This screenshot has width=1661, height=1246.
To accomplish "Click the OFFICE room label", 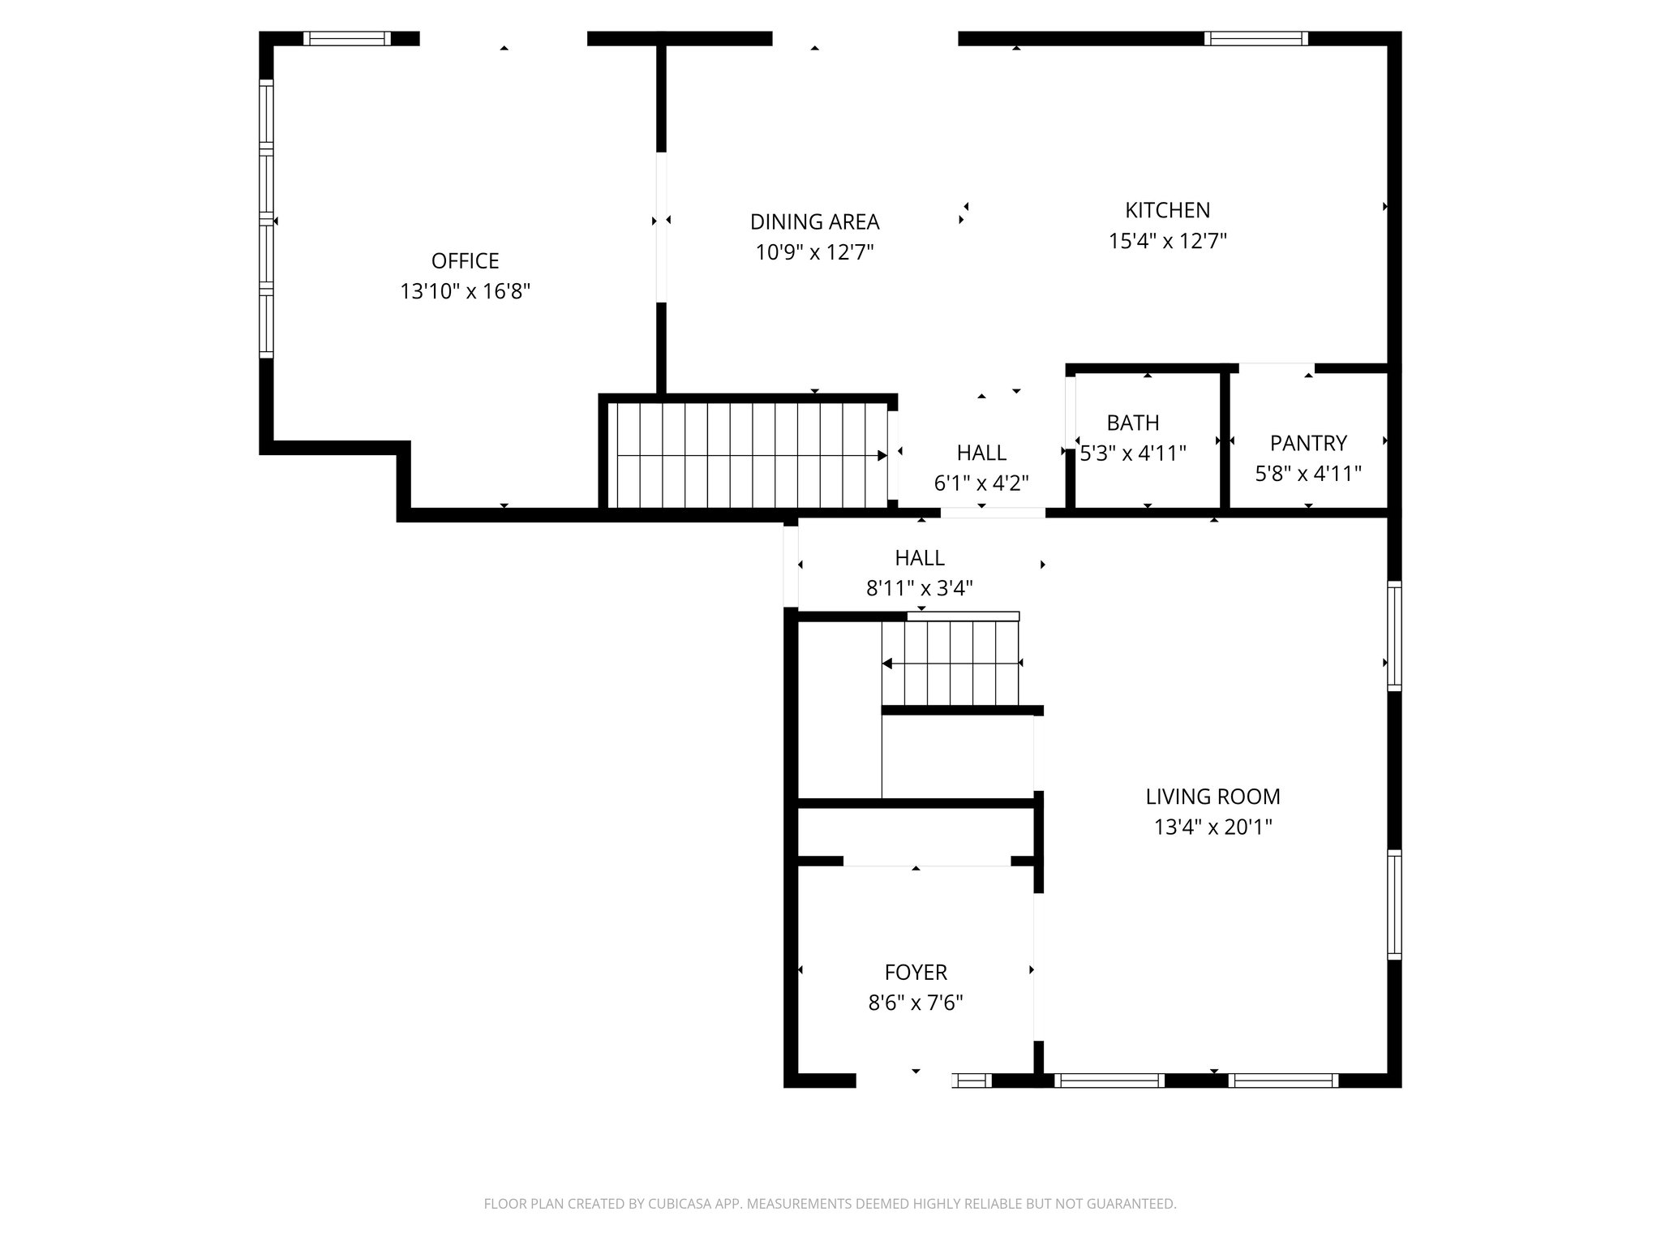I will tap(465, 260).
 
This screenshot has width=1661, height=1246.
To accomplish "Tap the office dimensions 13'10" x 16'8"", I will tap(465, 291).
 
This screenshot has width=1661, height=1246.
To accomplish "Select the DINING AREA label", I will tap(814, 221).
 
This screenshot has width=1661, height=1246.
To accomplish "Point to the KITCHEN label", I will tap(1167, 210).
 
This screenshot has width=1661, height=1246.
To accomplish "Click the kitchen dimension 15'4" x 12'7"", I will tap(1167, 241).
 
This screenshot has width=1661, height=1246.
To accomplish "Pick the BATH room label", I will tap(1132, 423).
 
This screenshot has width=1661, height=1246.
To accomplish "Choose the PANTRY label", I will tap(1307, 443).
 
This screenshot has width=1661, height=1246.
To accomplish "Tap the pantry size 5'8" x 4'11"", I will tap(1307, 474).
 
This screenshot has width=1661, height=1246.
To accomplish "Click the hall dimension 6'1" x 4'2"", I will tap(981, 483).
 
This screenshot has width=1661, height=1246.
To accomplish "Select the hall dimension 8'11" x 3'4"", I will tap(919, 588).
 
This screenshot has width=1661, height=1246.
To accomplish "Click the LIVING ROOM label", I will tap(1212, 797).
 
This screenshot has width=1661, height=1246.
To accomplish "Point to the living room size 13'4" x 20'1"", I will tap(1212, 827).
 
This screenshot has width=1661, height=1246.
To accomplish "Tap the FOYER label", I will tap(916, 972).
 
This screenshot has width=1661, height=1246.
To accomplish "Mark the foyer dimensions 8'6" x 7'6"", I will tap(916, 1003).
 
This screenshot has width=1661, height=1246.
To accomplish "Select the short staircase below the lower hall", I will tap(951, 664).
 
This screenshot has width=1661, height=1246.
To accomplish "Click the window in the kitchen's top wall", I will tap(1255, 38).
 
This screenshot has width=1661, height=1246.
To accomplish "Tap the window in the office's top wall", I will tap(347, 38).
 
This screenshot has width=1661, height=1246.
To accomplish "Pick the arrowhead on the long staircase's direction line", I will tap(882, 456).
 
